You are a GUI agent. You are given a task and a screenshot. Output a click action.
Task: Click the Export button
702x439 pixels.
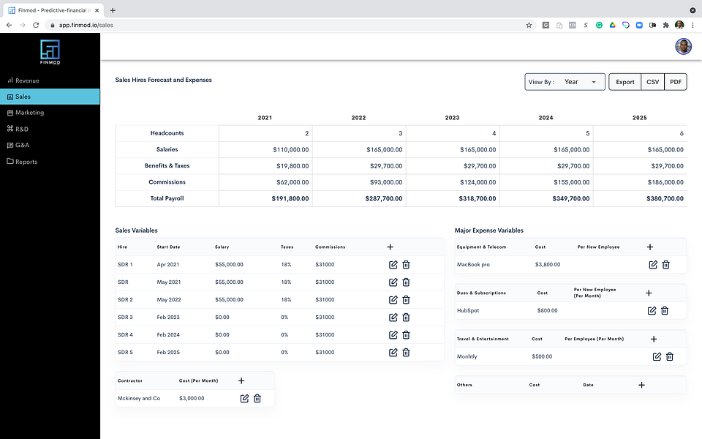[624, 82]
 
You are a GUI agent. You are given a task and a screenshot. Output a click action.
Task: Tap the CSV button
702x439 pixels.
[652, 82]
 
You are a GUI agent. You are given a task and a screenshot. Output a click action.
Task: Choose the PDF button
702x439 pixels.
[676, 82]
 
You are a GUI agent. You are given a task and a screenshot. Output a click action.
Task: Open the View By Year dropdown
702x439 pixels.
[565, 82]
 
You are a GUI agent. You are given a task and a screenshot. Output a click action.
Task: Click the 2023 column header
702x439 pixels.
[452, 118]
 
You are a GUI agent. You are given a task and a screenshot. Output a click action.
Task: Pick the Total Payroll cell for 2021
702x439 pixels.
[290, 198]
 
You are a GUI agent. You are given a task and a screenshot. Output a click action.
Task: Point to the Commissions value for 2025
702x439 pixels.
[665, 182]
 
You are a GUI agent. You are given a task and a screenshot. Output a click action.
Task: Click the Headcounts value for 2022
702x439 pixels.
[400, 133]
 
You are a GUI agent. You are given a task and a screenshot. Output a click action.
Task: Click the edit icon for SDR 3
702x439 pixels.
[393, 317]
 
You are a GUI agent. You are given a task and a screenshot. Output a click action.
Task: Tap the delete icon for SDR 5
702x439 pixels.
[406, 353]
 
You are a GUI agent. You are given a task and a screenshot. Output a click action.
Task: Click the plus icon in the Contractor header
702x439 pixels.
[241, 380]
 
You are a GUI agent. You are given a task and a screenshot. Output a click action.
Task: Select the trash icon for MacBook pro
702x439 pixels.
[665, 265]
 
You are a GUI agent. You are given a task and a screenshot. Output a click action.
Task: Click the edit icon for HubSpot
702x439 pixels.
[652, 310]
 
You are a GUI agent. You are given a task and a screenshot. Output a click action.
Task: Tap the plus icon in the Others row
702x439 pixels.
[641, 385]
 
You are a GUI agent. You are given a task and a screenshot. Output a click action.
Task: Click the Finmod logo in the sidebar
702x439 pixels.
[50, 52]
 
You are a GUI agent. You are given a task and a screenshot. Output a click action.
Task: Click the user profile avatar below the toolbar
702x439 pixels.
[683, 47]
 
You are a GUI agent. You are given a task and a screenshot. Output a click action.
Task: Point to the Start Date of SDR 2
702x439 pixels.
[168, 300]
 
